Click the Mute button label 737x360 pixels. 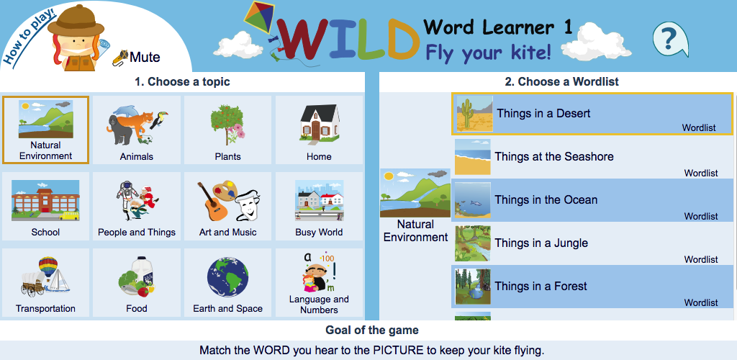[x=145, y=58]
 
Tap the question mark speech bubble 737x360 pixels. [x=670, y=40]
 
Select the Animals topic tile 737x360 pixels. [x=136, y=130]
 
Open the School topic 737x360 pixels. [x=45, y=207]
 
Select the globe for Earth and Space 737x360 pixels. [x=228, y=276]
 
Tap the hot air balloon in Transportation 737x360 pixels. [x=48, y=266]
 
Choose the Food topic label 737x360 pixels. [x=137, y=308]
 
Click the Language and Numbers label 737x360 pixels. [x=319, y=305]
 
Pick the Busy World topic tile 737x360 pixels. [x=319, y=207]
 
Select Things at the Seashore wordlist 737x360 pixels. [x=592, y=156]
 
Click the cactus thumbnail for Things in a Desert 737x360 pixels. [x=475, y=113]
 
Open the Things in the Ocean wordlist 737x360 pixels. [x=592, y=199]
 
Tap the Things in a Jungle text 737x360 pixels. [x=541, y=243]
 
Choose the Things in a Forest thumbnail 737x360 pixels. [x=473, y=287]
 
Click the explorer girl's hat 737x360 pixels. [x=76, y=21]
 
